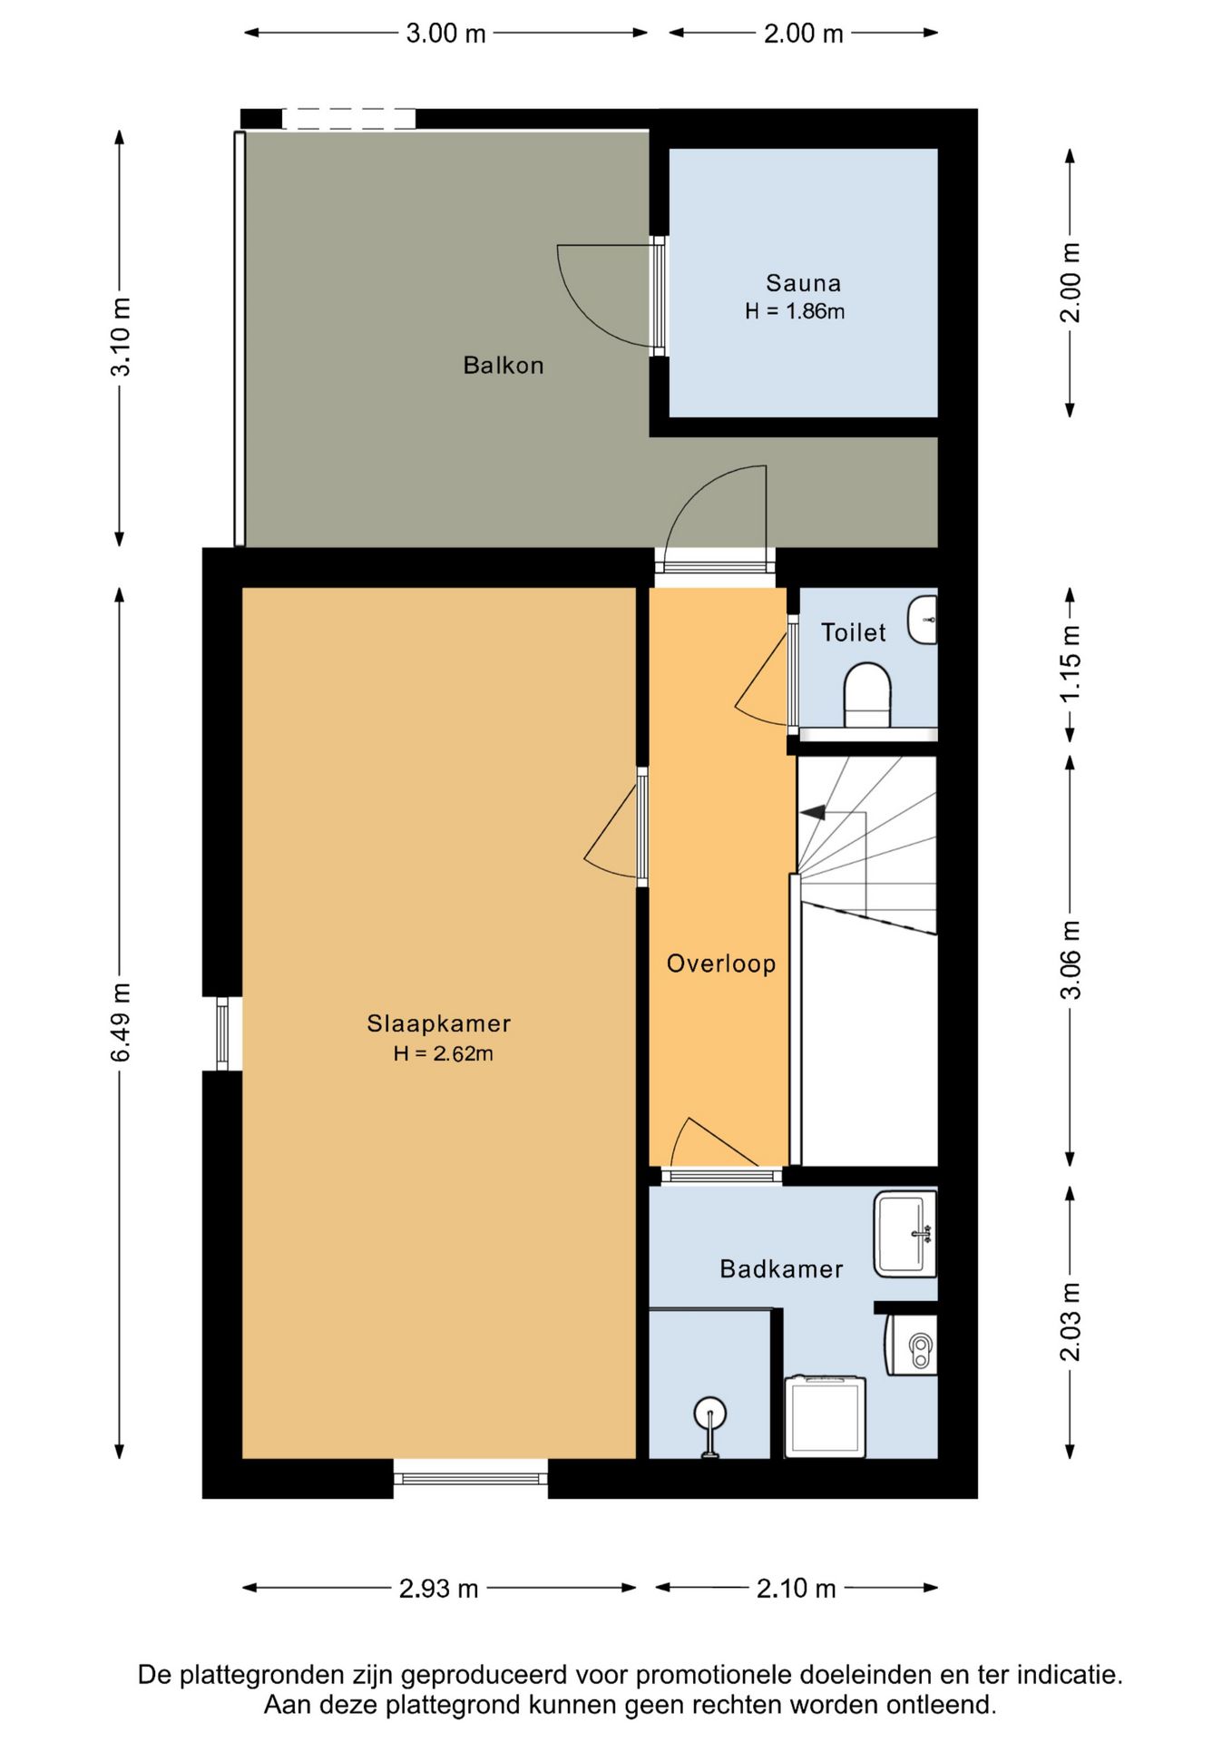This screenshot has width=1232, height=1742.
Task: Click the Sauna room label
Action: point(803,283)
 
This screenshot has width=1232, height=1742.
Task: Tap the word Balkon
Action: point(504,366)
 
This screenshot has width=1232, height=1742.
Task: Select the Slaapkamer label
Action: point(439,1023)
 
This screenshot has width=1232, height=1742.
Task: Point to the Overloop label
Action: point(721,964)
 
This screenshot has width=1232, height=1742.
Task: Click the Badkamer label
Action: point(781,1268)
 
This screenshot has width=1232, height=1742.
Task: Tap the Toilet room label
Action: point(854,632)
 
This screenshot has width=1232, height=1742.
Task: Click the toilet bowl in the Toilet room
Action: point(868,695)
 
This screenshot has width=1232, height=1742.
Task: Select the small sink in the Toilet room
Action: point(923,620)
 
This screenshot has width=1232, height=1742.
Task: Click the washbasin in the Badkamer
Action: point(905,1234)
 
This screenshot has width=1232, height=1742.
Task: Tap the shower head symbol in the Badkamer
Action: point(709,1415)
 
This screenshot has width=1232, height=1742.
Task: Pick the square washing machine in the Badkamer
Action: point(825,1417)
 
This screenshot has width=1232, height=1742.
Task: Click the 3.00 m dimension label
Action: point(445,34)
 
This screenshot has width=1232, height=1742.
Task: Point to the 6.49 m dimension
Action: point(121,1022)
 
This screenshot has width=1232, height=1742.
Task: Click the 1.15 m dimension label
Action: point(1071,662)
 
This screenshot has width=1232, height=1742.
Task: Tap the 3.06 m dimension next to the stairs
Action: point(1071,960)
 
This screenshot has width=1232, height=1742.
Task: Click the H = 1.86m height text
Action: point(795,311)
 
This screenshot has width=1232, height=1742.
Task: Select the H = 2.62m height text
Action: point(444,1053)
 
